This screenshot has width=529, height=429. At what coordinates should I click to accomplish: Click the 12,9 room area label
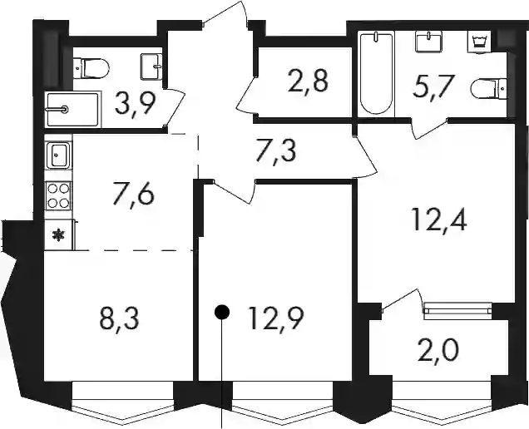coord(275,318)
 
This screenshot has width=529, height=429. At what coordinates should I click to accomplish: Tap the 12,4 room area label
coord(439,219)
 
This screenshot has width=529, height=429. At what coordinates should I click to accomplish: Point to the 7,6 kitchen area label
coord(133,193)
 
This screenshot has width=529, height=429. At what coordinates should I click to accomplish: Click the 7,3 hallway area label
coord(275,151)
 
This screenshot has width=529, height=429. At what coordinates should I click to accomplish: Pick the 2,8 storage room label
coord(308,81)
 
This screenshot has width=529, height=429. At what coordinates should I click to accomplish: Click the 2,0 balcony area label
coord(438,350)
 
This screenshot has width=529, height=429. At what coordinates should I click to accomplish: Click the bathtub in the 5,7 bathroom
coord(377,73)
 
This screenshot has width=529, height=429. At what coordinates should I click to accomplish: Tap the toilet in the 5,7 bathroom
coord(489,89)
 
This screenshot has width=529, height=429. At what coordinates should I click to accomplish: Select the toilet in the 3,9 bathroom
coord(91,68)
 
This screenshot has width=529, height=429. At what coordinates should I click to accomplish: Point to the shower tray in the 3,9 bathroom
coord(73,109)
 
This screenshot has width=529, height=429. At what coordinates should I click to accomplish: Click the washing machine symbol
coord(480,42)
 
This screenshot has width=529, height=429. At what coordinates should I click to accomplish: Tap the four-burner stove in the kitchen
coord(58,196)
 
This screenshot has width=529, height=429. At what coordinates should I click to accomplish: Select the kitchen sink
coord(58,155)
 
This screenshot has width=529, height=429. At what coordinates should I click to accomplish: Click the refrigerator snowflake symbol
coord(59,235)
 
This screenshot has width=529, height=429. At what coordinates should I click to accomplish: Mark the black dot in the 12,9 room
coord(222,312)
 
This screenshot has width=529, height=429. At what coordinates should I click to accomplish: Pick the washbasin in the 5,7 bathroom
coord(429,42)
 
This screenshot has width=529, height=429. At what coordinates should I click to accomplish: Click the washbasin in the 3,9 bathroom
coord(151,67)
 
